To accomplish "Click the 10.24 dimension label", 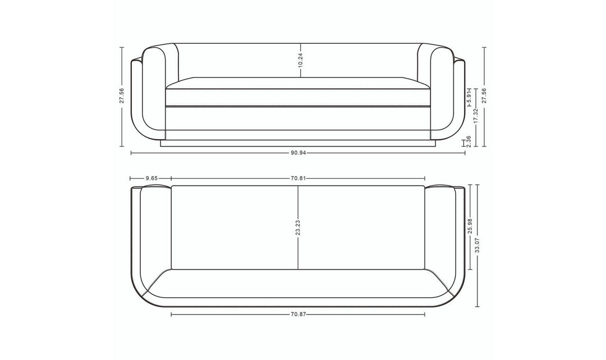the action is point(301,61).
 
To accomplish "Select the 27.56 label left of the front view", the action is point(122,96).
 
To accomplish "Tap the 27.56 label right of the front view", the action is point(484,96).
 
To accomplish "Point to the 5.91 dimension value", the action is point(469,96).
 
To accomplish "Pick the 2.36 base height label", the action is point(469,141).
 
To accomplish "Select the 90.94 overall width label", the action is point(298,153).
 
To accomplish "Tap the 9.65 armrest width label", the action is point(151,178).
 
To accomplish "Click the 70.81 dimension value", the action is point(298,178).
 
